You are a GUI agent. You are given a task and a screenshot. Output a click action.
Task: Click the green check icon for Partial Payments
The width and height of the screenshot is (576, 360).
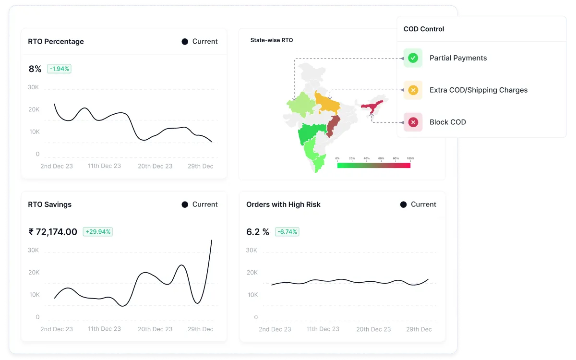pyautogui.click(x=413, y=58)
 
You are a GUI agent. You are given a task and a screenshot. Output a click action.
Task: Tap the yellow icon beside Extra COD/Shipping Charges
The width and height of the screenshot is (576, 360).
pyautogui.click(x=413, y=90)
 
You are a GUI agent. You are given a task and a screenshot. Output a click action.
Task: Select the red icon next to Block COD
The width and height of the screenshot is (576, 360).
pyautogui.click(x=413, y=122)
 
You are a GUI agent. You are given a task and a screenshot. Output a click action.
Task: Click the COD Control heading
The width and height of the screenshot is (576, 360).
pyautogui.click(x=423, y=29)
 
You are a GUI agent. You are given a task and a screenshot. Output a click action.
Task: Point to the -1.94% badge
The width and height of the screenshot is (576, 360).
pyautogui.click(x=59, y=69)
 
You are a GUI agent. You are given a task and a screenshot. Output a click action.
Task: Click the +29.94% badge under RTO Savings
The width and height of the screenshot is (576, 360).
pyautogui.click(x=97, y=232)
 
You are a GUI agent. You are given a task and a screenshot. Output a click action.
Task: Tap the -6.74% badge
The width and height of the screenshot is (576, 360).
pyautogui.click(x=287, y=232)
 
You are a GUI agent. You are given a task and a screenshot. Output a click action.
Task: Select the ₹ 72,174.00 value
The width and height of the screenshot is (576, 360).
pyautogui.click(x=53, y=232)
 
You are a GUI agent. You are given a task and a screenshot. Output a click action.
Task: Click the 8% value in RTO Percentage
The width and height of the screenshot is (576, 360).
pyautogui.click(x=35, y=69)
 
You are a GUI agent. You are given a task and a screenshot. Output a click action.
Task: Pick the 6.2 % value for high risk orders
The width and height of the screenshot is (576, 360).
pyautogui.click(x=258, y=232)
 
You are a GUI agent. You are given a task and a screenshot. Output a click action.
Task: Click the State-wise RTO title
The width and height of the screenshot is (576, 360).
pyautogui.click(x=271, y=40)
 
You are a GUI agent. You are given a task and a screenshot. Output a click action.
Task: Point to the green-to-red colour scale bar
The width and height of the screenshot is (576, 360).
pyautogui.click(x=373, y=165)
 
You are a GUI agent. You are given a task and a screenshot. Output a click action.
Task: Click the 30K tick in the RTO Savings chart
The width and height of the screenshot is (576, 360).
pyautogui.click(x=34, y=250)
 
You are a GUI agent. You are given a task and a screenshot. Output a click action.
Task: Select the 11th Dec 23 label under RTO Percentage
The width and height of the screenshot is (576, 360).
pyautogui.click(x=104, y=166)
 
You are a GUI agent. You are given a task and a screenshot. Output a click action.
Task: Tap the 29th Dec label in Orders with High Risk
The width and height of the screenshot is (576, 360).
pyautogui.click(x=419, y=329)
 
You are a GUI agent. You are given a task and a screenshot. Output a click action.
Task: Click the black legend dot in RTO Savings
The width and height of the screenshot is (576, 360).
pyautogui.click(x=185, y=204)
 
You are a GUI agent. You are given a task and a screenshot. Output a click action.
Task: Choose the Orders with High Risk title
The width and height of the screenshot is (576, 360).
pyautogui.click(x=283, y=204)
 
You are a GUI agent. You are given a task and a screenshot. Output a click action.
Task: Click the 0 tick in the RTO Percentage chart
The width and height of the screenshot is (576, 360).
pyautogui.click(x=37, y=154)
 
